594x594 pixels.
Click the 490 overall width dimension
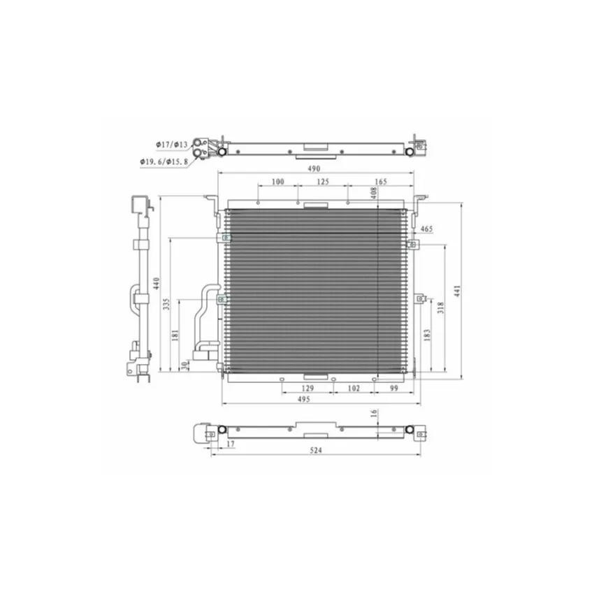[314, 168]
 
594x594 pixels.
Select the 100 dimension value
[277, 182]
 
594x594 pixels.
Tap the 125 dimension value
[323, 182]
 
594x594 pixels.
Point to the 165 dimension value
[381, 182]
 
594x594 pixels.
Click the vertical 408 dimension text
[374, 193]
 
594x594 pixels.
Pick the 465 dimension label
[426, 229]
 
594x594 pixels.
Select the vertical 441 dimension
[457, 291]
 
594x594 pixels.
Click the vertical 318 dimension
[440, 307]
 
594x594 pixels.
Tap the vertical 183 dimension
[427, 335]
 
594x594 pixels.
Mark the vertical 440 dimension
[157, 283]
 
